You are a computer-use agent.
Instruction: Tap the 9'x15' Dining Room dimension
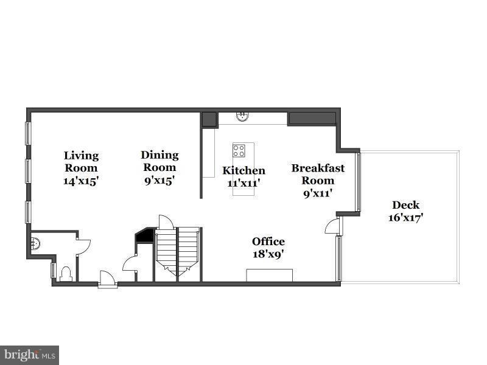click(x=159, y=180)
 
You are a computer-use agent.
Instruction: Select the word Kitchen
click(x=243, y=170)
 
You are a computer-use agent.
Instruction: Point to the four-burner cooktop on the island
click(x=239, y=150)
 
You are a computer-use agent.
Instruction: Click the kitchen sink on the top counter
click(x=242, y=115)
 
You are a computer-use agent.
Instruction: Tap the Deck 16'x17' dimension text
click(x=405, y=217)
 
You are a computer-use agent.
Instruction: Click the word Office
click(x=268, y=242)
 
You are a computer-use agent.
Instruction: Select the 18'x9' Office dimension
click(x=268, y=254)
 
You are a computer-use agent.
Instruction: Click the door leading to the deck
click(x=332, y=227)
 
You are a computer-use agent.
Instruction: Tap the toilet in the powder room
click(x=66, y=274)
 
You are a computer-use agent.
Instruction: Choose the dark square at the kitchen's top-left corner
click(x=209, y=119)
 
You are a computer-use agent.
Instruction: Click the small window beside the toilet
click(x=54, y=270)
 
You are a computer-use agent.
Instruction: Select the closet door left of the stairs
click(x=130, y=265)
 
